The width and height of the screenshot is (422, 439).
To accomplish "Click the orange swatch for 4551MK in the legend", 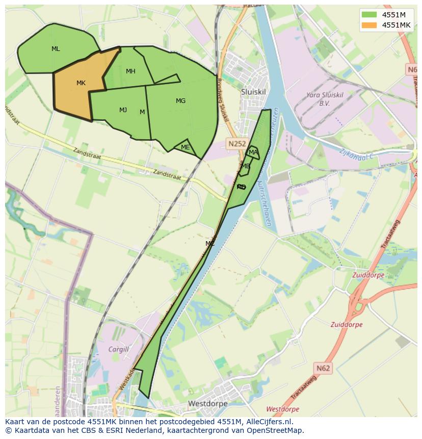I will [370, 25].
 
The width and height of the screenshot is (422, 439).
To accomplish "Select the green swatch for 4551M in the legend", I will [370, 14].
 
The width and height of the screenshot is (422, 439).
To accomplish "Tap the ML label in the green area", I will [56, 49].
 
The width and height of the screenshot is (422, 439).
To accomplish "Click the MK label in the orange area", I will [81, 83].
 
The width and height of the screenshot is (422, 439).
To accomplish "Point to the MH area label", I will [130, 71].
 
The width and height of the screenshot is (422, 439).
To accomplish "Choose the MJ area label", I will [123, 110].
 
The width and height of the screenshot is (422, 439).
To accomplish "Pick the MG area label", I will [180, 101].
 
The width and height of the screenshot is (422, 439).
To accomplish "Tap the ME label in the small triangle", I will [185, 147].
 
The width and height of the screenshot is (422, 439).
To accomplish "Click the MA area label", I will [253, 152].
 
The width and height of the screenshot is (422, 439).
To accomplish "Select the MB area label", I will [246, 166].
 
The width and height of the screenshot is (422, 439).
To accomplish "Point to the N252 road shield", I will [236, 144].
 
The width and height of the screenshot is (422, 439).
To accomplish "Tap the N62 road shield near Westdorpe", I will [323, 368].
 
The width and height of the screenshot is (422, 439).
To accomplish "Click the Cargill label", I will [118, 349].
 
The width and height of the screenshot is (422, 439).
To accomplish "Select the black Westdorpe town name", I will [207, 403].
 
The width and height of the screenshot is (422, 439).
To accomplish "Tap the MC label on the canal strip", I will [210, 244].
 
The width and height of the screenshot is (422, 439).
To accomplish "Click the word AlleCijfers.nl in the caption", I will [267, 422].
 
